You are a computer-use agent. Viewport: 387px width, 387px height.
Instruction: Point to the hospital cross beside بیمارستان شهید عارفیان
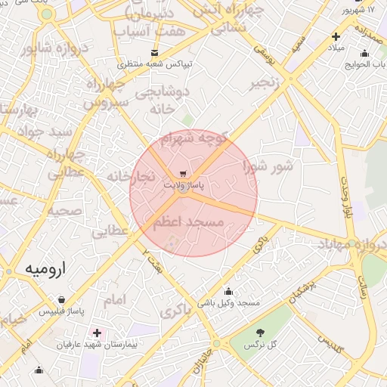coord(97,333)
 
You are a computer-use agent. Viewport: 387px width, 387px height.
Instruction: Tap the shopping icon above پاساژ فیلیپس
coord(72,299)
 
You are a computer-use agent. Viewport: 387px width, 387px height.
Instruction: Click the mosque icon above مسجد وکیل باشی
coord(228,292)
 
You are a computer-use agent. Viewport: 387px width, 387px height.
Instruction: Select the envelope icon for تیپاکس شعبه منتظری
coord(155,53)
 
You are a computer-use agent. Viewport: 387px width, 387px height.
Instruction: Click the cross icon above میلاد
coord(336,36)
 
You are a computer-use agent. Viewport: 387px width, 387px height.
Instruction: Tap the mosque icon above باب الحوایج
coord(365,53)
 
